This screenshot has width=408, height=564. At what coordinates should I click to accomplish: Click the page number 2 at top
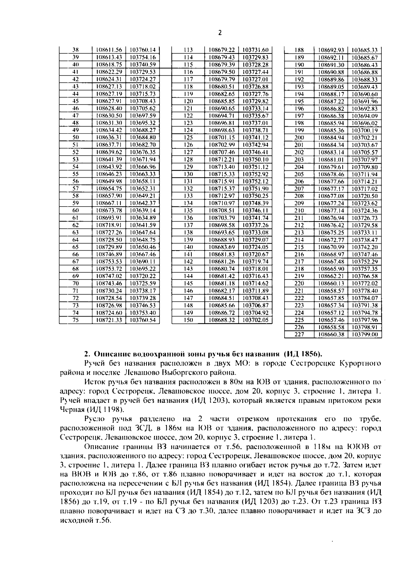[x=220, y=33]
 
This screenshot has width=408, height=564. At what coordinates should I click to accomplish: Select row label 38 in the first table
[x=75, y=50]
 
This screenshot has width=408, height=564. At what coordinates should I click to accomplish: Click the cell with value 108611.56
[x=109, y=50]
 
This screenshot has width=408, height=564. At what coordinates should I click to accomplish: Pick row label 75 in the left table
[x=75, y=320]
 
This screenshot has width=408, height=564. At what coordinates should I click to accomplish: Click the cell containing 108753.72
[x=109, y=269]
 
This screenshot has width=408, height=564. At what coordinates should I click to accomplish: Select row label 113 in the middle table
[x=188, y=50]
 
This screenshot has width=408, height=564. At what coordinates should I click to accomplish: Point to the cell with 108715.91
[x=221, y=181]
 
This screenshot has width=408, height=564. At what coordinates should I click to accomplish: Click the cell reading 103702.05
[x=255, y=320]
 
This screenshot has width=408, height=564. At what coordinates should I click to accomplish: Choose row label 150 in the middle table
[x=188, y=320]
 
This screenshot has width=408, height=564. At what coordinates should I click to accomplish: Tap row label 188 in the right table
[x=299, y=50]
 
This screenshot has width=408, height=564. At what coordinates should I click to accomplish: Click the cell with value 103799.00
[x=364, y=335]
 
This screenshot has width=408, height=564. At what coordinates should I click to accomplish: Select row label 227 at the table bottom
[x=299, y=335]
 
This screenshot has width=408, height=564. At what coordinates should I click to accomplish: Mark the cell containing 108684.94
[x=331, y=138]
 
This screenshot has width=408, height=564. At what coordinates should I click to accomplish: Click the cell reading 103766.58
[x=364, y=276]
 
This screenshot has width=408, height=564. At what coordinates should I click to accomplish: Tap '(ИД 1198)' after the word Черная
[x=107, y=409]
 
